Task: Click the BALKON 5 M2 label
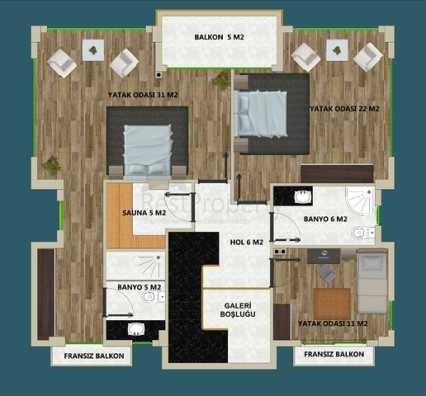coord(219,38)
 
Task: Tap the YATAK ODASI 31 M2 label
coord(143,95)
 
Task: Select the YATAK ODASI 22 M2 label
coord(344,108)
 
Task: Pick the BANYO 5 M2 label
coord(139,287)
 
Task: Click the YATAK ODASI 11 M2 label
coord(334,324)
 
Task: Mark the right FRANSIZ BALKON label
coord(334,354)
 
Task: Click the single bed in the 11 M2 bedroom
coord(373,281)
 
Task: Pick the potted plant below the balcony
coord(221,80)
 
